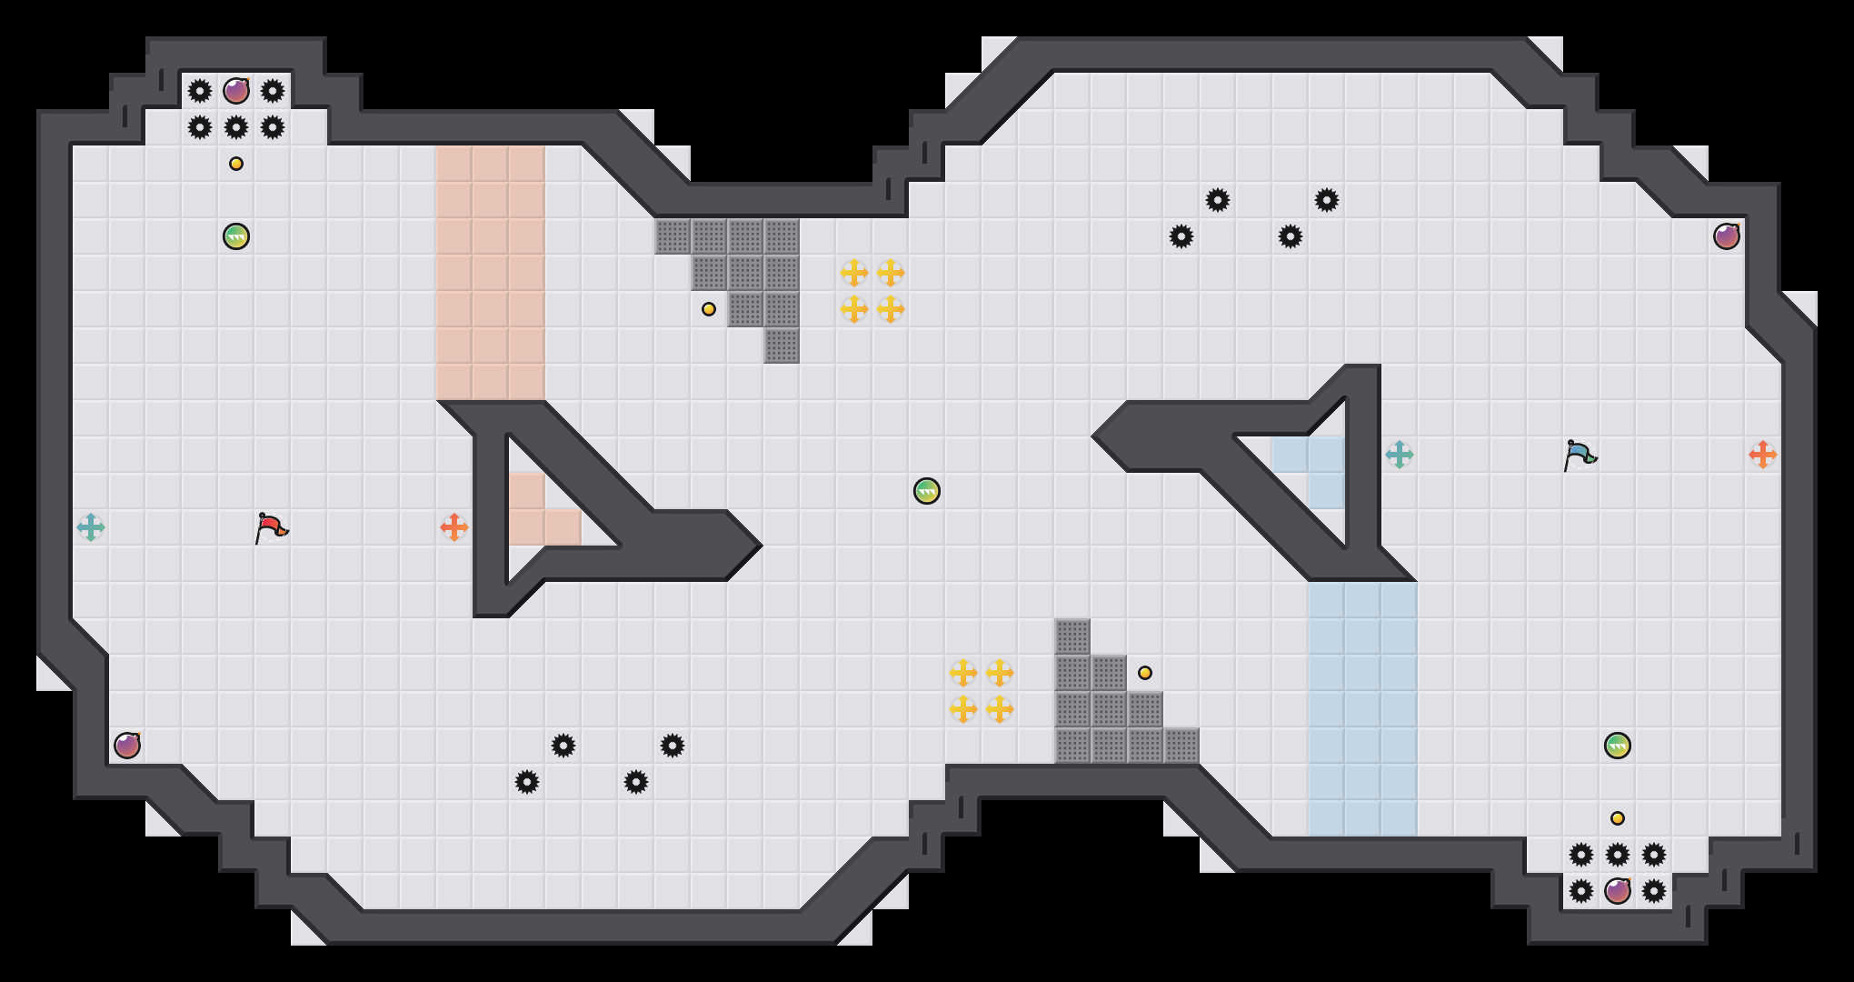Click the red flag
[x=271, y=526]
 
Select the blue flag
[x=1580, y=454]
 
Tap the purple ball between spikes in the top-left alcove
[x=236, y=91]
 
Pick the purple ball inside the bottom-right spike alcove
[x=1618, y=891]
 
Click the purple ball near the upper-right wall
[x=1727, y=236]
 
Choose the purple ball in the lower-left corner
[x=127, y=746]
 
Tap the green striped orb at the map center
[x=927, y=491]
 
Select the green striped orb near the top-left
[x=236, y=236]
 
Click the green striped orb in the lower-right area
[x=1618, y=746]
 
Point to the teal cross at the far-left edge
[x=91, y=527]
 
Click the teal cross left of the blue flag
[x=1400, y=455]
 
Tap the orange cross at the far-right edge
[x=1763, y=455]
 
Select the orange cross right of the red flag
[x=454, y=527]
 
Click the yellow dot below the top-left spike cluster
[x=236, y=164]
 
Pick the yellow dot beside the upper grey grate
[x=709, y=309]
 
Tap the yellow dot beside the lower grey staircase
[x=1145, y=673]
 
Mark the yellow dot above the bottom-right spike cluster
[x=1618, y=818]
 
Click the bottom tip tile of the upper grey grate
[x=782, y=346]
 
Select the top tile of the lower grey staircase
[x=1072, y=636]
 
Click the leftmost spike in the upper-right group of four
[x=1181, y=236]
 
